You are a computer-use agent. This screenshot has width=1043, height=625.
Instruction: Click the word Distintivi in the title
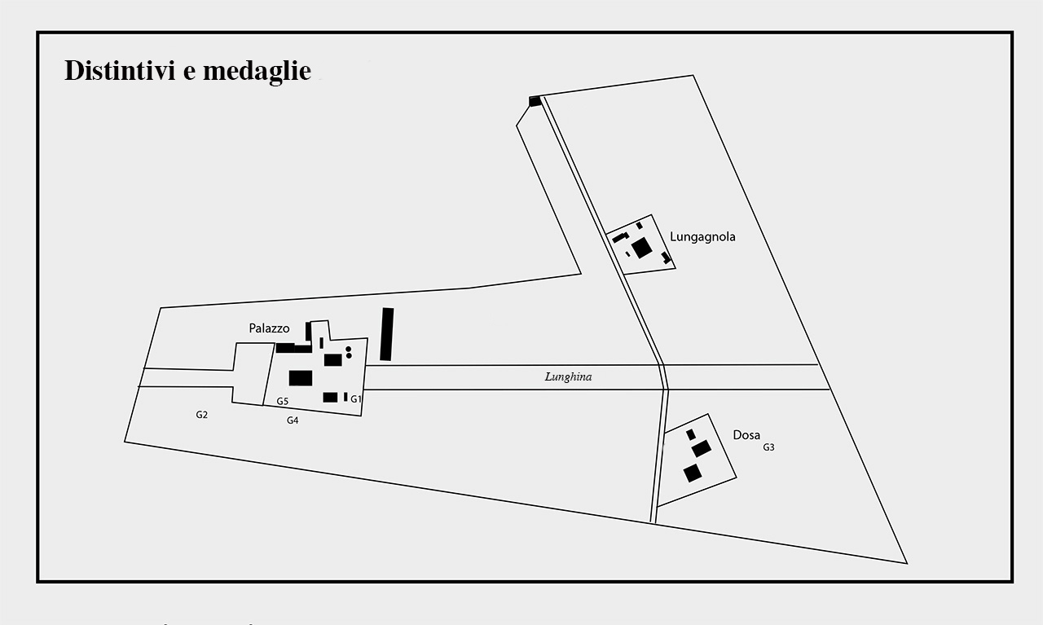pyautogui.click(x=119, y=71)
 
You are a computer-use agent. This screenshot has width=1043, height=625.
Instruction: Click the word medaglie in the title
pyautogui.click(x=257, y=72)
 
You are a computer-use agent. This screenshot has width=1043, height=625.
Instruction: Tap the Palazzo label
pyautogui.click(x=269, y=328)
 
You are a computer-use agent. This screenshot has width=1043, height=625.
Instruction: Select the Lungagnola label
pyautogui.click(x=702, y=237)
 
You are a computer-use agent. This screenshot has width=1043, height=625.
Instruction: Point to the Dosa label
pyautogui.click(x=746, y=435)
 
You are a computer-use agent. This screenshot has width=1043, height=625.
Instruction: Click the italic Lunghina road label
pyautogui.click(x=568, y=377)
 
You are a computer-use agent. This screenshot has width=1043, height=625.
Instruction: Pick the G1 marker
pyautogui.click(x=356, y=399)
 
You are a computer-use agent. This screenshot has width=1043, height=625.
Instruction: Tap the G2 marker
pyautogui.click(x=202, y=415)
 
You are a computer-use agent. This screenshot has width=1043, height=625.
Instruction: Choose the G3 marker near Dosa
pyautogui.click(x=768, y=447)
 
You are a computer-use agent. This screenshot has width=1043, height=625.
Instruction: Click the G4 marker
pyautogui.click(x=293, y=420)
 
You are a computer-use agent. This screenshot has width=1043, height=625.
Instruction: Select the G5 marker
pyautogui.click(x=282, y=402)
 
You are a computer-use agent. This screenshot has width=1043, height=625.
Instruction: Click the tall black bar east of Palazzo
pyautogui.click(x=387, y=334)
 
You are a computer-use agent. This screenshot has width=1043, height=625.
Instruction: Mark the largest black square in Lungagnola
pyautogui.click(x=642, y=247)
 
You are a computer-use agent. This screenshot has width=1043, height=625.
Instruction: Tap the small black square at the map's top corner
pyautogui.click(x=535, y=101)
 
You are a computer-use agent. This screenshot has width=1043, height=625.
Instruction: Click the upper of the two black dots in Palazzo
pyautogui.click(x=349, y=349)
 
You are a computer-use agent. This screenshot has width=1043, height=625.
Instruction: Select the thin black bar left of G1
pyautogui.click(x=345, y=397)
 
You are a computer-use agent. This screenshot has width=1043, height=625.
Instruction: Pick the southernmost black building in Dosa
pyautogui.click(x=693, y=473)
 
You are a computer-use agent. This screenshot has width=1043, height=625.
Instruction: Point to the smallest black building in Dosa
pyautogui.click(x=691, y=434)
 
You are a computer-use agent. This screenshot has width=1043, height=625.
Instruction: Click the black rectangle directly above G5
pyautogui.click(x=301, y=378)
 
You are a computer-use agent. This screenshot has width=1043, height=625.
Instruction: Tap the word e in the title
pyautogui.click(x=189, y=72)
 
